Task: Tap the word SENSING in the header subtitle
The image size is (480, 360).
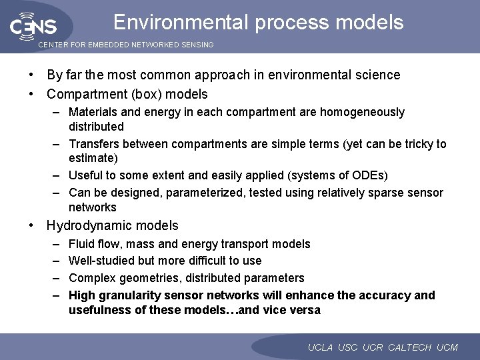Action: (193, 45)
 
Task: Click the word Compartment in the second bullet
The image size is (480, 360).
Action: (83, 94)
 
